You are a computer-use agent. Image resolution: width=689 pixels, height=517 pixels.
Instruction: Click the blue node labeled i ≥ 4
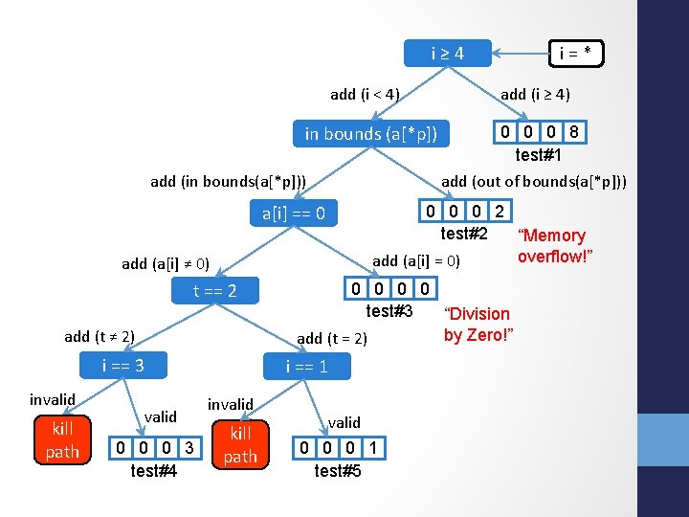point(447,53)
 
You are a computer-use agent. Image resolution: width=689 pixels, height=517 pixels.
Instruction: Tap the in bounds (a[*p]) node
point(370,133)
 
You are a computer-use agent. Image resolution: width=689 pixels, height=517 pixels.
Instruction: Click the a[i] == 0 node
point(300,213)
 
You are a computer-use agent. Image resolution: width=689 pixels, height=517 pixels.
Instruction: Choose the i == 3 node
point(122,365)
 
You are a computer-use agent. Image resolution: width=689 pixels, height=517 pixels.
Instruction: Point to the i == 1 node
point(306,366)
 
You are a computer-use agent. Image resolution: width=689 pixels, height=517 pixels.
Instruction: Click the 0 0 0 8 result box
point(539,131)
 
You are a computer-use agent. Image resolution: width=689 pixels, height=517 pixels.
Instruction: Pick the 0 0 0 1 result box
point(338,447)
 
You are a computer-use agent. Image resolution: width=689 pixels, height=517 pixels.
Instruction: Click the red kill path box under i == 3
point(63,439)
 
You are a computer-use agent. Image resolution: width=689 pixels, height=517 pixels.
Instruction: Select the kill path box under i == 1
point(240,445)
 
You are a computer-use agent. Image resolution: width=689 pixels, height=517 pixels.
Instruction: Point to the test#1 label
point(538,154)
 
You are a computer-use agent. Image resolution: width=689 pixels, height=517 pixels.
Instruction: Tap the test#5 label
point(338,470)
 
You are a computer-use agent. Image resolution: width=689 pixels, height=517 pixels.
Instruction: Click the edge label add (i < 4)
point(365,94)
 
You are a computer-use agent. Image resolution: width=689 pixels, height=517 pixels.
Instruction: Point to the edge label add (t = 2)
point(331,338)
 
